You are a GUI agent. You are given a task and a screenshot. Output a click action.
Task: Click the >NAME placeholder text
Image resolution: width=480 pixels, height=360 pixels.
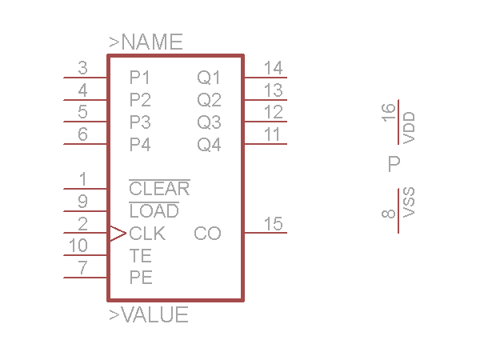pos(146,42)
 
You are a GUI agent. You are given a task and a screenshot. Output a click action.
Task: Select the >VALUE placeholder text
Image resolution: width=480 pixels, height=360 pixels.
pos(149,315)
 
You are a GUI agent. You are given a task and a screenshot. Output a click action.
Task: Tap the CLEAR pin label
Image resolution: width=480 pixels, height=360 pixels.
pos(159,190)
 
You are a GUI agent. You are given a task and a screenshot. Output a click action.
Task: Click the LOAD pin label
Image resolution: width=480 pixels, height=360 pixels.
pos(154,212)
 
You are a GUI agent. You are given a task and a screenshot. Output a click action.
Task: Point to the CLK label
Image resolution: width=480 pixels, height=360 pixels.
pos(147,234)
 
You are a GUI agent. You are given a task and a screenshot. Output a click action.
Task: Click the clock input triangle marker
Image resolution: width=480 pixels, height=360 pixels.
pos(117,234)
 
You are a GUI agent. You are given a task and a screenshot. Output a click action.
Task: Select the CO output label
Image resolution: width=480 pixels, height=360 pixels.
pos(207,234)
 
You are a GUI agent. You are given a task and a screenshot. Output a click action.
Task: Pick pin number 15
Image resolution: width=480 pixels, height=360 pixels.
pos(273,223)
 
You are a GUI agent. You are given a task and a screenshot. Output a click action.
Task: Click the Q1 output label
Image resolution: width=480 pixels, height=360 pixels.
pos(209,78)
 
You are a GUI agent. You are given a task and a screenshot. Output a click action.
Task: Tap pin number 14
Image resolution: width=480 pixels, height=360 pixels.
pos(273,68)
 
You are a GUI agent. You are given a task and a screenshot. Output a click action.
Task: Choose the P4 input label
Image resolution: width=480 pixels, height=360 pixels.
pos(140,145)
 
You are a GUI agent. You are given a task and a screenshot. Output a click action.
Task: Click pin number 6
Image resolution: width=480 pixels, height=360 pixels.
pos(82,134)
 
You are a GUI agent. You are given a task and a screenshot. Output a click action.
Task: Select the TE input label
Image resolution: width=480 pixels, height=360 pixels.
pos(141,256)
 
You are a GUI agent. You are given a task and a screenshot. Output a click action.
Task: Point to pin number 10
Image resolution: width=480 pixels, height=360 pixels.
pos(78,246)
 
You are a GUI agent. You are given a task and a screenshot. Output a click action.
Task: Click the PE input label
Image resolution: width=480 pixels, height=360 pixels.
pos(141,278)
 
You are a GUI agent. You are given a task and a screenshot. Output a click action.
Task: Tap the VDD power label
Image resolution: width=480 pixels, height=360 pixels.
pos(410,127)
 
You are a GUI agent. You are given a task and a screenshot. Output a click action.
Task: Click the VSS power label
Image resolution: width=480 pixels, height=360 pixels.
pos(410,203)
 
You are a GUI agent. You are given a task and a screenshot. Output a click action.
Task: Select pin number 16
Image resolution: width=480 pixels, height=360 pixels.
pos(390,113)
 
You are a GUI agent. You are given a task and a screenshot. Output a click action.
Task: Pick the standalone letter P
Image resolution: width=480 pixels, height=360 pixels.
pos(394,164)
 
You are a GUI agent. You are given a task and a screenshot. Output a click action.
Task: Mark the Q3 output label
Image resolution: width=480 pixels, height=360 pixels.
pos(209,122)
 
